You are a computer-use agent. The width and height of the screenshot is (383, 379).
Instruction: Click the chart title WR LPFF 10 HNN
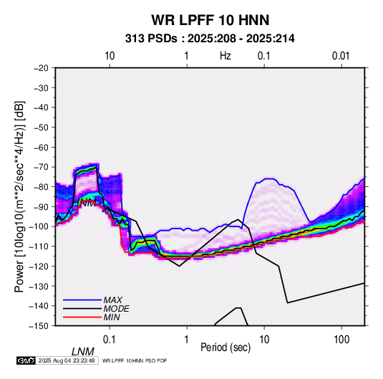[x=210, y=20]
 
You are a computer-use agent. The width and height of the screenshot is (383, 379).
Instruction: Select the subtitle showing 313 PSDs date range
[x=210, y=39]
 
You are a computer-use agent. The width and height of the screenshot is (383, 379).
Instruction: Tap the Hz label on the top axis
[x=226, y=56]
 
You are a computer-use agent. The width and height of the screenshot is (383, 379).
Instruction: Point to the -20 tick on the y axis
[x=41, y=68]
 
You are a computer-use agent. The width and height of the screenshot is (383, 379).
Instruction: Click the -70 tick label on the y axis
[x=41, y=167]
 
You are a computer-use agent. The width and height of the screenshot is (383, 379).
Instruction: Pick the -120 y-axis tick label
[x=39, y=266]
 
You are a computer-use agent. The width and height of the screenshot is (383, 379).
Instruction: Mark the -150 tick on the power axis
[x=39, y=326]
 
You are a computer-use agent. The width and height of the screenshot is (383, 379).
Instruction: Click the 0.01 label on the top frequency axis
[x=341, y=56]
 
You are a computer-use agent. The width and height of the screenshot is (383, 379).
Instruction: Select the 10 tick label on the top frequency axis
[x=110, y=56]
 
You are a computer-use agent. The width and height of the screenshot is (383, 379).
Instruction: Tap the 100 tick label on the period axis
[x=341, y=340]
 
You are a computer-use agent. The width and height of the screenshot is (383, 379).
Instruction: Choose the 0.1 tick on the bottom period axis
[x=110, y=340]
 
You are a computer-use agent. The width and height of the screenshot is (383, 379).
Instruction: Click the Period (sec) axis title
[x=226, y=347]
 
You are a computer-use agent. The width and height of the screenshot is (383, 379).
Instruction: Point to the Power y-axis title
[x=19, y=196]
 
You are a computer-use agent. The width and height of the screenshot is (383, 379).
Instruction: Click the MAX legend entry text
[x=113, y=299]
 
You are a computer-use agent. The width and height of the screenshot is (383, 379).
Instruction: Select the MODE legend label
[x=116, y=309]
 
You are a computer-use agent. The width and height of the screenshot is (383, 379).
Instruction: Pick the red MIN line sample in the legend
[x=82, y=317]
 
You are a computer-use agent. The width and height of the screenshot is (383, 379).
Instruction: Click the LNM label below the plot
[x=83, y=352]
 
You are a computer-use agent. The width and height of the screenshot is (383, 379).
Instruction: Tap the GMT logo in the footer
[x=26, y=360]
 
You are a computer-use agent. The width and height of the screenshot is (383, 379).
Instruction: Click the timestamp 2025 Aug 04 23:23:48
[x=67, y=360]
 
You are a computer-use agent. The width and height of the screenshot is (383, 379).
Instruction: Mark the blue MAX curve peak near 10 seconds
[x=269, y=178]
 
